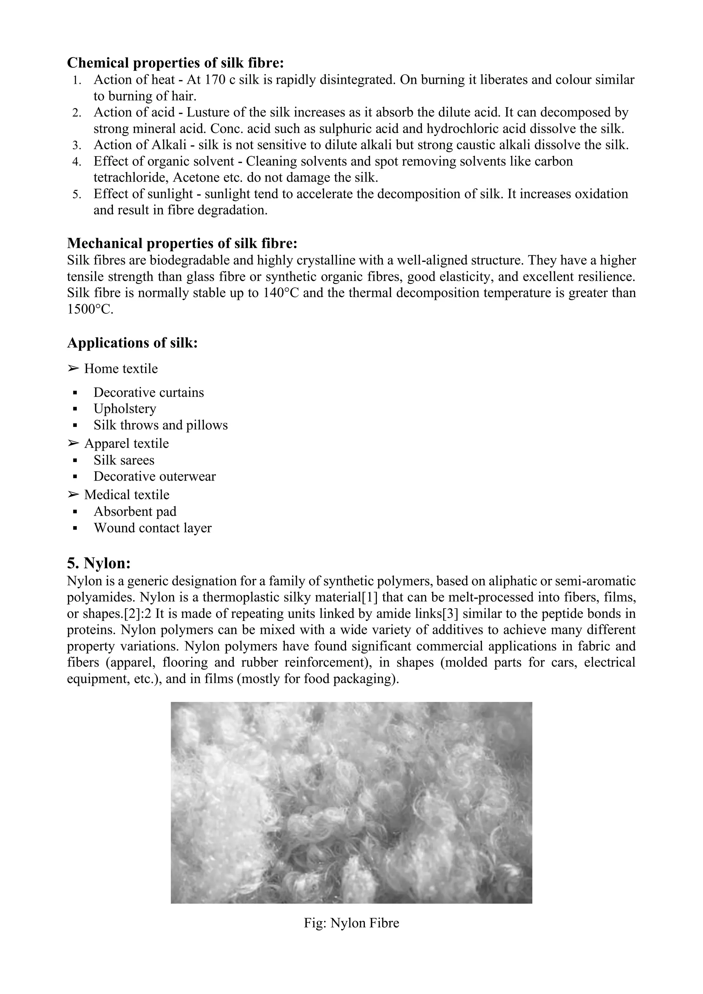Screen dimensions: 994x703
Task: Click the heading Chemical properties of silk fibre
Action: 175,63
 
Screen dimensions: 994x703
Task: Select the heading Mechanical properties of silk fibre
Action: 182,243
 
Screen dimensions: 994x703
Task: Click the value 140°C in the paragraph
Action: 282,293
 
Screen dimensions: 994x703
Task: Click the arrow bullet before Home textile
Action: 73,369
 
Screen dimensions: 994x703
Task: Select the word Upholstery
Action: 125,409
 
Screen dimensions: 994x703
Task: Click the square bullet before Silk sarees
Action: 75,461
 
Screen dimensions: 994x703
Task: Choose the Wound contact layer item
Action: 152,528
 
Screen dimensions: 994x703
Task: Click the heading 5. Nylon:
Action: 99,563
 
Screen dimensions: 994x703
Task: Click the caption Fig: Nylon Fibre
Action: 351,923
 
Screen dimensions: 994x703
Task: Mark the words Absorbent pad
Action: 135,512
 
